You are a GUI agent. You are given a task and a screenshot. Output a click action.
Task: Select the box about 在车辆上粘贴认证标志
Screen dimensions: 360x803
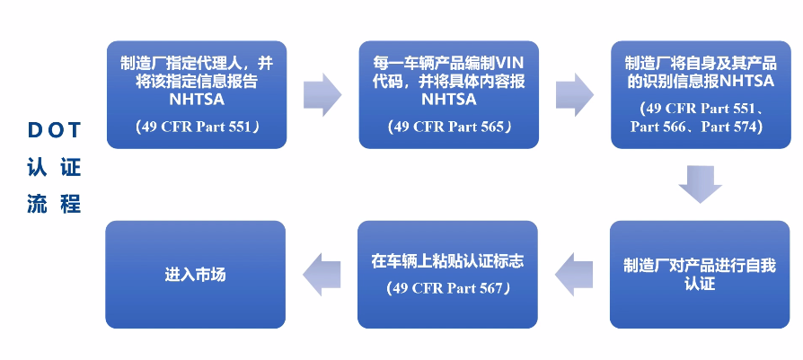(x=447, y=274)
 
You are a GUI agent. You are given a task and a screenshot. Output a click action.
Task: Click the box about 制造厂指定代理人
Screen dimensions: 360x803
(x=196, y=94)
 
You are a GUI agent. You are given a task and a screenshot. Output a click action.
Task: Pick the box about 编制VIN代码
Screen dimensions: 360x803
(x=447, y=94)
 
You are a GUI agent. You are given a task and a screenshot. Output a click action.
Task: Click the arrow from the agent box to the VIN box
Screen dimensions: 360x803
(x=322, y=90)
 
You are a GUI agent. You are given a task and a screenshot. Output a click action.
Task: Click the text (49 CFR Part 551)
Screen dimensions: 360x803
(x=196, y=127)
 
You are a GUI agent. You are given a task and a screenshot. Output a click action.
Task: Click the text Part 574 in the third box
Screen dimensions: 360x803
(x=731, y=127)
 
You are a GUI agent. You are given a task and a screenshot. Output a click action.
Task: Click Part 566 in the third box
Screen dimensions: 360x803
(x=662, y=127)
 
